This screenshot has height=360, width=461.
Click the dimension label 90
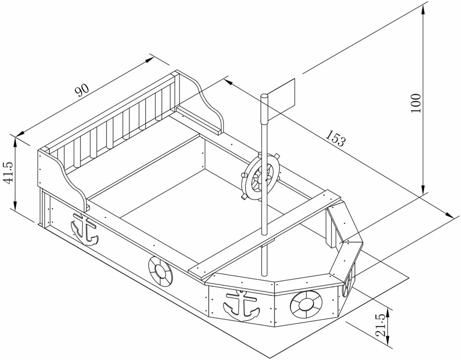[82, 90]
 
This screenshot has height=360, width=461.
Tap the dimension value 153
[335, 138]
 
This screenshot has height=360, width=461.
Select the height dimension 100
[416, 103]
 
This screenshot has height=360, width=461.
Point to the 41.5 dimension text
[8, 173]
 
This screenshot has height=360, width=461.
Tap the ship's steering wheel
[261, 177]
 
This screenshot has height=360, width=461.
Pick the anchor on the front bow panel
[241, 305]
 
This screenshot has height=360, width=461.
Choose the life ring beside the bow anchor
[306, 305]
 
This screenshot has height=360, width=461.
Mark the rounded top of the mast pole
[264, 96]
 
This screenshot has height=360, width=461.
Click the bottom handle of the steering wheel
[244, 197]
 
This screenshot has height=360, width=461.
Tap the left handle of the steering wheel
[244, 175]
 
